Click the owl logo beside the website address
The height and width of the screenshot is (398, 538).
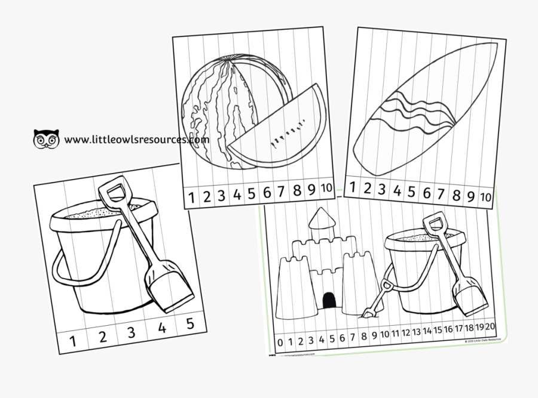pos(47,138)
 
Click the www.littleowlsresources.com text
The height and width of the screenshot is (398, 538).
pos(137,140)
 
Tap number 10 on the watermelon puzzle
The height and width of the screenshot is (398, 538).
pos(326,188)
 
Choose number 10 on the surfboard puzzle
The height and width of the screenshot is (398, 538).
pos(486,196)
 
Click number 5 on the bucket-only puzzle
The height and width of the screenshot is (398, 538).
pos(190,325)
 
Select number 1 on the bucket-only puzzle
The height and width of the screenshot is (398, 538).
pos(73,341)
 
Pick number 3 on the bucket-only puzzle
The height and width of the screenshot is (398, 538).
pos(132,333)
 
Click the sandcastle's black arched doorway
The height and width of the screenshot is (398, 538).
pos(328,301)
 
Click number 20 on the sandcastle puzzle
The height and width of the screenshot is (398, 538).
pos(490,326)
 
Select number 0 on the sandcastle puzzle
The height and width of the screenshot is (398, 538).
pos(280,343)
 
